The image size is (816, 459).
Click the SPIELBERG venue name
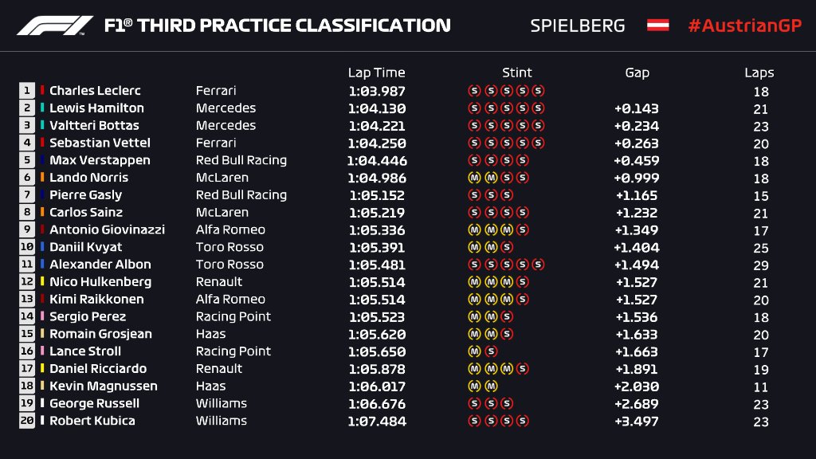pos(577,25)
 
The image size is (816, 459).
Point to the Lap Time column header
pos(376,73)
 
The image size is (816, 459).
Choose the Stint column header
pos(517,73)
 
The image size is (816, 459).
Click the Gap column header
pos(637,73)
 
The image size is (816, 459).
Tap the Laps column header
pos(759,73)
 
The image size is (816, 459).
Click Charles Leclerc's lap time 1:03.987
pos(376,91)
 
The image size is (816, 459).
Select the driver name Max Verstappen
pos(100,160)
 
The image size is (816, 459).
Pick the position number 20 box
pos(27,421)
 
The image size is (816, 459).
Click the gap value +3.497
pos(636,421)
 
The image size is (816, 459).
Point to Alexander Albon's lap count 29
pos(760,265)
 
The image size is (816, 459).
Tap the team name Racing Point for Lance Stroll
pos(233,351)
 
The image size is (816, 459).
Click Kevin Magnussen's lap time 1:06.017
pos(376,386)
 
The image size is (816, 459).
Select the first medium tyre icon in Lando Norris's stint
pos(473,178)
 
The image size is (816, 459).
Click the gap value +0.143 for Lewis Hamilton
pos(636,108)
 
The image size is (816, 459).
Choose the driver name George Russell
pos(94,403)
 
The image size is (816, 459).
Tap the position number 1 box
pos(27,91)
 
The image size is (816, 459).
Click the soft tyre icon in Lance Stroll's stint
pos(491,351)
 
